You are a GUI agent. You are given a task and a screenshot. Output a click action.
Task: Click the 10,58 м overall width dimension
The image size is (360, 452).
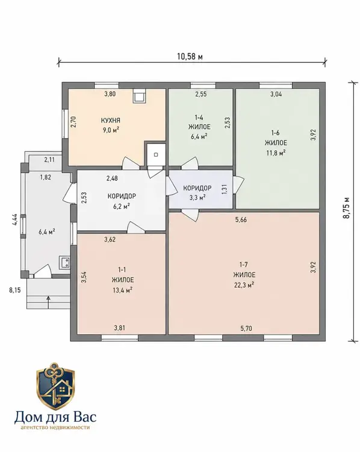190,57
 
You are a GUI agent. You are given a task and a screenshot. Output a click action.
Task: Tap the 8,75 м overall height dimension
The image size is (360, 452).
346,207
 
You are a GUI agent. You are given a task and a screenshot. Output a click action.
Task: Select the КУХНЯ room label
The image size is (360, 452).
110,120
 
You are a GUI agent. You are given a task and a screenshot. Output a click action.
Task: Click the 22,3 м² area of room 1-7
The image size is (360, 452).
244,285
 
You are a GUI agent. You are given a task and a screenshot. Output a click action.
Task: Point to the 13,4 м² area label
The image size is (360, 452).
122,290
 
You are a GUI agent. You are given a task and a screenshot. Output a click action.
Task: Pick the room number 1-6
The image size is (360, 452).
276,133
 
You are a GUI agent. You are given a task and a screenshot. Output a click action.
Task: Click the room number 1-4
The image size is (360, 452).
199,118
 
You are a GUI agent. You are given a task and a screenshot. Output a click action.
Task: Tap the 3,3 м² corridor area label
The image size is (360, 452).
197,198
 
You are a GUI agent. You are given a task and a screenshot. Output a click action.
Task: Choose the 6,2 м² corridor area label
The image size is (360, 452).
122,206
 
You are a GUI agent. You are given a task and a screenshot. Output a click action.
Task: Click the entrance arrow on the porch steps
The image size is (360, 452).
48,302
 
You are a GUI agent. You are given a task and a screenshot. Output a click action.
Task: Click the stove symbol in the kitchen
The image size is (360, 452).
140,96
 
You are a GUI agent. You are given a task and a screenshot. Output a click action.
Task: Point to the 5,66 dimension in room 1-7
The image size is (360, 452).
241,220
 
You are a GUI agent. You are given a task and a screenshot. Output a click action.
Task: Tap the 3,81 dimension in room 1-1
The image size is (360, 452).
120,328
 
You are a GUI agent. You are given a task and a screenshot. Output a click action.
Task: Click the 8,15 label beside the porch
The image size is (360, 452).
14,290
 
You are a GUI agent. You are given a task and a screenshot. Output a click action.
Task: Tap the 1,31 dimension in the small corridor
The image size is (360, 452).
224,189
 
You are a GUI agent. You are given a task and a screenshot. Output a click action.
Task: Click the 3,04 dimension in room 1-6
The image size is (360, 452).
276,94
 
